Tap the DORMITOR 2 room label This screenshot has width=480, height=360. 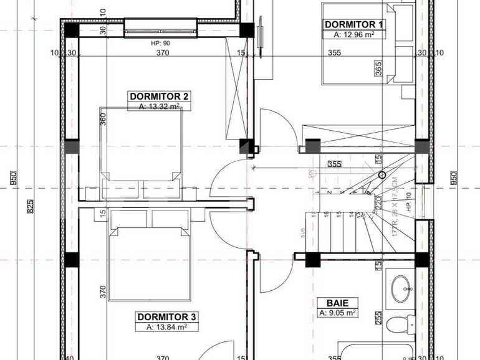[x=159, y=97]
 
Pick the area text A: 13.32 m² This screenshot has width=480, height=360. [x=159, y=107]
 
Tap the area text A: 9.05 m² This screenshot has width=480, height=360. [x=337, y=312]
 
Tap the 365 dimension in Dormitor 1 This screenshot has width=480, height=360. [x=378, y=69]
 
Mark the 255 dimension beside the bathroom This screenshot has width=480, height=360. [x=378, y=317]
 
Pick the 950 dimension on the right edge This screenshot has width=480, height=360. [x=453, y=178]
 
